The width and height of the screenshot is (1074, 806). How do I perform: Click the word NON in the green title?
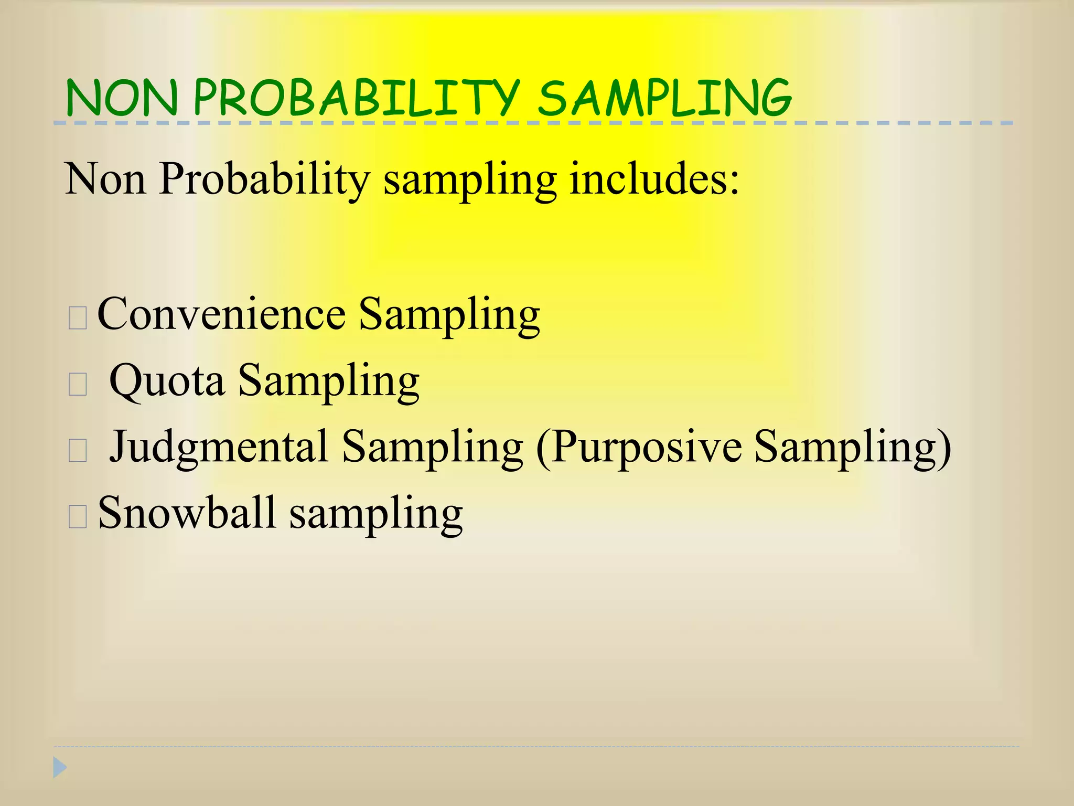coord(122,98)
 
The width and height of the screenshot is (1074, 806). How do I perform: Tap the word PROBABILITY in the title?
coord(357,98)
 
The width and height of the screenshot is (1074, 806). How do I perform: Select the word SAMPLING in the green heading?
coord(664,98)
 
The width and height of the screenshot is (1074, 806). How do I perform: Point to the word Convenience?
coord(221,314)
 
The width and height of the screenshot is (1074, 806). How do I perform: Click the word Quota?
coord(167,380)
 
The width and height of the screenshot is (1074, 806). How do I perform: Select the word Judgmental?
coord(219,448)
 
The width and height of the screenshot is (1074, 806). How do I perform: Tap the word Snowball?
coord(187,513)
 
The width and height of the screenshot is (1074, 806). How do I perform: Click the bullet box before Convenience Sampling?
coord(78,318)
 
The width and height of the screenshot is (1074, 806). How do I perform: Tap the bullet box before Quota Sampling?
coord(78,385)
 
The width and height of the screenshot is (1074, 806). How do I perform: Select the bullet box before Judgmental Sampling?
coord(78,451)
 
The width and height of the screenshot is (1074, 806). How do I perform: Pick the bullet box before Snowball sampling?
coord(78,517)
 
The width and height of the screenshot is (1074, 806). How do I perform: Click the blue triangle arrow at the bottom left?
coord(60,768)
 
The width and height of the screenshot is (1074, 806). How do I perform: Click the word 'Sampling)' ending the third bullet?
coord(853,448)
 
